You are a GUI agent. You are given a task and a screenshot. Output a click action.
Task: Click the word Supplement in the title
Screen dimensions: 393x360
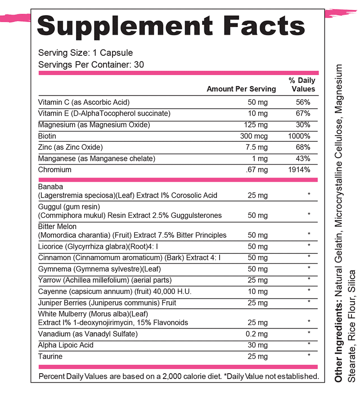[x=124, y=26]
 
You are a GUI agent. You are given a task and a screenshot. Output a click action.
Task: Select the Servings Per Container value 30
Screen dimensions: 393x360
[x=139, y=64]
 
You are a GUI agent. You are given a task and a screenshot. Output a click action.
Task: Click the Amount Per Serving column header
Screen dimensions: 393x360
[x=241, y=89]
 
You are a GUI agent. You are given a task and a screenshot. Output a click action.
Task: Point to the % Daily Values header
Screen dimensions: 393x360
[x=302, y=85]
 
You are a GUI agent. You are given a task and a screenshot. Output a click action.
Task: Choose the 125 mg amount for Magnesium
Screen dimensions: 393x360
[x=257, y=125]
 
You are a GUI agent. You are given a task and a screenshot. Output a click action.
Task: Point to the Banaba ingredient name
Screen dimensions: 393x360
[x=51, y=187]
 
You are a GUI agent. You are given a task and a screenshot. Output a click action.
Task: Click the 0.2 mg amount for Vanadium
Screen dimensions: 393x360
[x=257, y=334]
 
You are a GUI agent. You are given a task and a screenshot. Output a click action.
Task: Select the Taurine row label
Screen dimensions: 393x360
[x=50, y=356]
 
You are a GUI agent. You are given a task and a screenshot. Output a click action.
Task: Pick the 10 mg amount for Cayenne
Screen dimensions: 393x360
[x=258, y=292]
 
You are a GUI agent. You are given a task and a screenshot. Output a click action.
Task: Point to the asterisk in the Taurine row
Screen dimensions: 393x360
[x=309, y=356]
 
